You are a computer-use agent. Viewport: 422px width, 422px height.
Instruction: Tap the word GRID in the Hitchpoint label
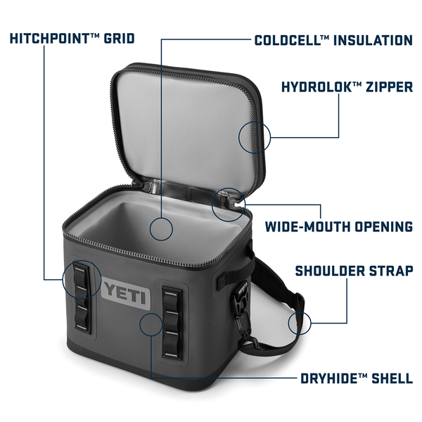coord(120,39)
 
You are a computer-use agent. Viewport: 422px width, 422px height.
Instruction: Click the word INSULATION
coord(373,40)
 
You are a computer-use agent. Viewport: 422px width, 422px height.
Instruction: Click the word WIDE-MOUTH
coord(307,226)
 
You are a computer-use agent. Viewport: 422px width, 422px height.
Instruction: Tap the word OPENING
coord(383,226)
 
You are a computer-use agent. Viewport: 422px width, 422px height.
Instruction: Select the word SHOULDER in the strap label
coord(330,271)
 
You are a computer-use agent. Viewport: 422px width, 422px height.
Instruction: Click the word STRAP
coord(391,271)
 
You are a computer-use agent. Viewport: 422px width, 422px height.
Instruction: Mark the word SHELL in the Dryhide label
coord(392,378)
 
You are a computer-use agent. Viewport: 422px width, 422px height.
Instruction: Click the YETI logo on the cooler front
coord(126,293)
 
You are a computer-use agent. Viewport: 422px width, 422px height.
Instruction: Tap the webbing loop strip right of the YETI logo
coord(172,324)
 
